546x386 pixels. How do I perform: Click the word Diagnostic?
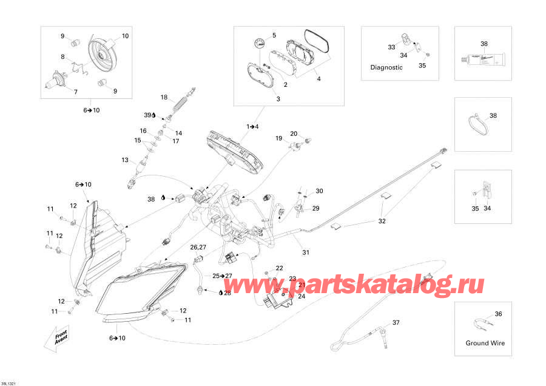(386, 67)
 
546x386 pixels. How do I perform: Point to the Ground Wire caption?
(485, 343)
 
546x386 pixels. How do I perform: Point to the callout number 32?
(382, 221)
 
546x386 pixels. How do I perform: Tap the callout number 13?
(125, 160)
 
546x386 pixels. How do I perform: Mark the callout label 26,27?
(198, 247)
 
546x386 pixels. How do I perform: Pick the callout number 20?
(293, 134)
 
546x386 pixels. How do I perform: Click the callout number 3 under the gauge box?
(278, 98)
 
